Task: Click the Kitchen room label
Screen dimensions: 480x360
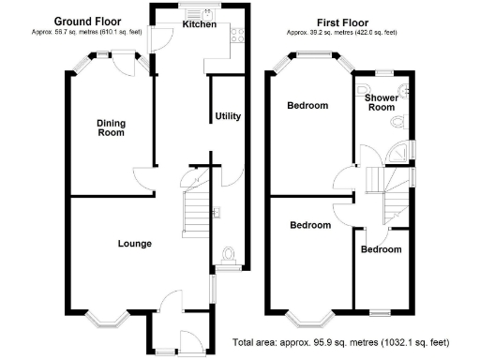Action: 200,24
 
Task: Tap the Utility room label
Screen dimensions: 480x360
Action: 228,116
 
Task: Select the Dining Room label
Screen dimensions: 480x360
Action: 111,127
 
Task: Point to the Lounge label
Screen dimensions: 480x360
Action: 135,244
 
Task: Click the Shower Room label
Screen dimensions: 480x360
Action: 382,102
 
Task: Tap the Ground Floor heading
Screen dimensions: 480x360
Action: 87,22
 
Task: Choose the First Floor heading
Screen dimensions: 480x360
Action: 342,22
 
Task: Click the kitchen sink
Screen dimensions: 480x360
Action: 200,14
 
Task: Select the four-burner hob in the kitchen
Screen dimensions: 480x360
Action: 237,35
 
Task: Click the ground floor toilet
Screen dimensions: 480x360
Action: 229,256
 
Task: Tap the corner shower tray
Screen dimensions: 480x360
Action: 397,152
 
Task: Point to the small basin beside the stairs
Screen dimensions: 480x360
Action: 217,212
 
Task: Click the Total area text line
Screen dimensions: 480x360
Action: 341,342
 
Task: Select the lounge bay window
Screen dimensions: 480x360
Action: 107,319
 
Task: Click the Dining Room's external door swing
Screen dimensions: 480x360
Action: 124,64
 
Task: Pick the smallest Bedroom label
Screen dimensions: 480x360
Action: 382,249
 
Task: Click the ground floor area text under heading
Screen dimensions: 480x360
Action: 87,32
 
